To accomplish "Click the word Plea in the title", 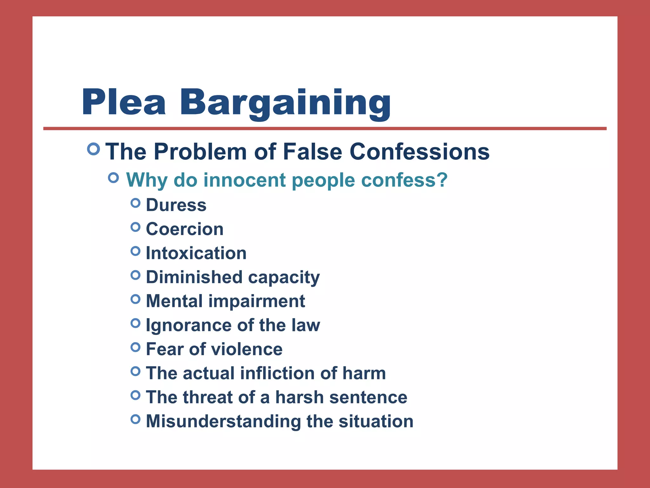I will pyautogui.click(x=123, y=102).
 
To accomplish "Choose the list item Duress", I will pyautogui.click(x=176, y=205).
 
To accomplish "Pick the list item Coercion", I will pyautogui.click(x=185, y=229).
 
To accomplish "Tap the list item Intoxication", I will pyautogui.click(x=196, y=253).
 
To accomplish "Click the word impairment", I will pyautogui.click(x=256, y=301).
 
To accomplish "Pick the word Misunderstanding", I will pyautogui.click(x=223, y=421).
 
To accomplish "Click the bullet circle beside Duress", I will pyautogui.click(x=136, y=203).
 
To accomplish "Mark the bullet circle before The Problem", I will pyautogui.click(x=93, y=149).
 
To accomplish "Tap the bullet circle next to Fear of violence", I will pyautogui.click(x=136, y=347).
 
